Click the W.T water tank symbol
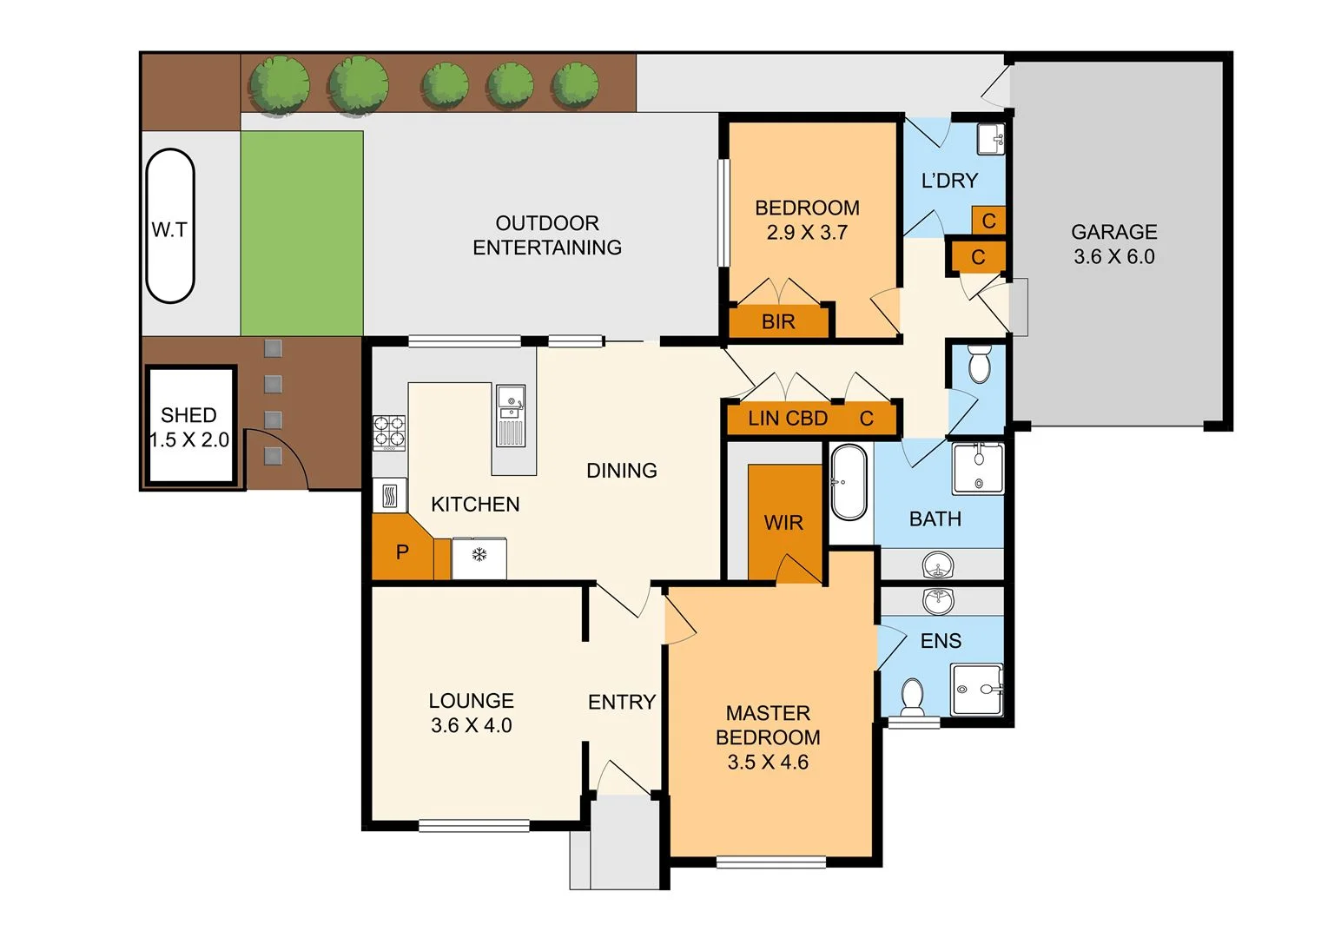tap(170, 227)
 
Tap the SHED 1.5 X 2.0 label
tap(189, 427)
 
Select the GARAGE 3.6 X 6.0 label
tap(1113, 244)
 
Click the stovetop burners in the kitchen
tap(389, 433)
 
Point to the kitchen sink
tap(510, 415)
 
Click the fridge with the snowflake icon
tap(479, 557)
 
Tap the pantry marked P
tap(401, 552)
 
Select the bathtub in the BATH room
tap(849, 483)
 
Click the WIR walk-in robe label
tap(783, 523)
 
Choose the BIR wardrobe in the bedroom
tap(778, 321)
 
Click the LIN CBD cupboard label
tap(788, 419)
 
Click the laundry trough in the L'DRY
tap(990, 139)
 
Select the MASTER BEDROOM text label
tap(768, 725)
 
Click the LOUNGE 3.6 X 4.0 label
tap(472, 713)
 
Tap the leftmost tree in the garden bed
tap(279, 84)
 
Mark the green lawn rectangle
tap(301, 233)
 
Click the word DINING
tap(621, 471)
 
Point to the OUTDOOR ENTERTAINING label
tap(547, 235)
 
